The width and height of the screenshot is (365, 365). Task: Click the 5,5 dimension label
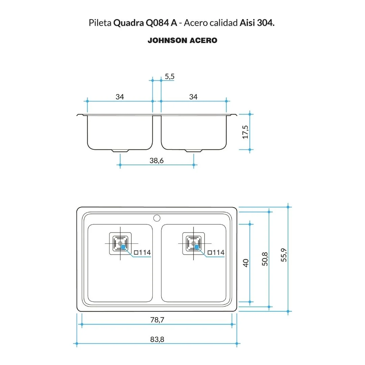point(170,77)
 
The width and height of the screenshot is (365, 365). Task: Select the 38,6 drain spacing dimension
point(156,161)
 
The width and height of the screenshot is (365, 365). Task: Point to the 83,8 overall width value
point(157,339)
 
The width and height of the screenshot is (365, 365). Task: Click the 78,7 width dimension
point(157,320)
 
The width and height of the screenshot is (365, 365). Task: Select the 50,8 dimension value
point(265,259)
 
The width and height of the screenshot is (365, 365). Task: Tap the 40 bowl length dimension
point(246,263)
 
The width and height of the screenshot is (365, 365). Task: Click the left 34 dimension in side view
point(120,97)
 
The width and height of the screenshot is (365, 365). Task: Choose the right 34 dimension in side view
point(193,97)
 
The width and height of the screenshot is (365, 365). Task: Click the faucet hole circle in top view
point(157,217)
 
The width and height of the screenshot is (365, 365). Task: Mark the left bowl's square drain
point(120,243)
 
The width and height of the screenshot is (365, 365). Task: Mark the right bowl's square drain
point(194,243)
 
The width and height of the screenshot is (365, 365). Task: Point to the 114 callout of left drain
point(142,252)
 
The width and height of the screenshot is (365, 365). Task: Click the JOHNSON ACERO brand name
point(182,41)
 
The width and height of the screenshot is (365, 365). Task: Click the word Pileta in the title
point(100,23)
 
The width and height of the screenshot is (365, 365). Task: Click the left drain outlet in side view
point(120,150)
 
